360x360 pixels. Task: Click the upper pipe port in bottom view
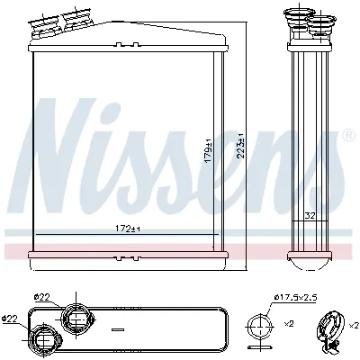pyautogui.click(x=75, y=319)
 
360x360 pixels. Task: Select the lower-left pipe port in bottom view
pyautogui.click(x=42, y=340)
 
